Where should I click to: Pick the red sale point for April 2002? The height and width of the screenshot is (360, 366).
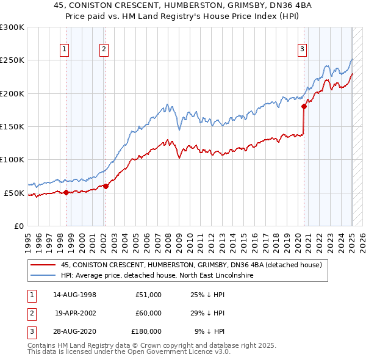[106, 186]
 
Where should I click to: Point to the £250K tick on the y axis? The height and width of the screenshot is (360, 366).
[12, 60]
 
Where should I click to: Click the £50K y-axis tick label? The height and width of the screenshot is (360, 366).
[15, 193]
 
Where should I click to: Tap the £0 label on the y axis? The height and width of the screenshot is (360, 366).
[18, 226]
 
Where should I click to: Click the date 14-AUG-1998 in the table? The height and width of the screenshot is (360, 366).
[74, 295]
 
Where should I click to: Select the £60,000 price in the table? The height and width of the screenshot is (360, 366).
[148, 313]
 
